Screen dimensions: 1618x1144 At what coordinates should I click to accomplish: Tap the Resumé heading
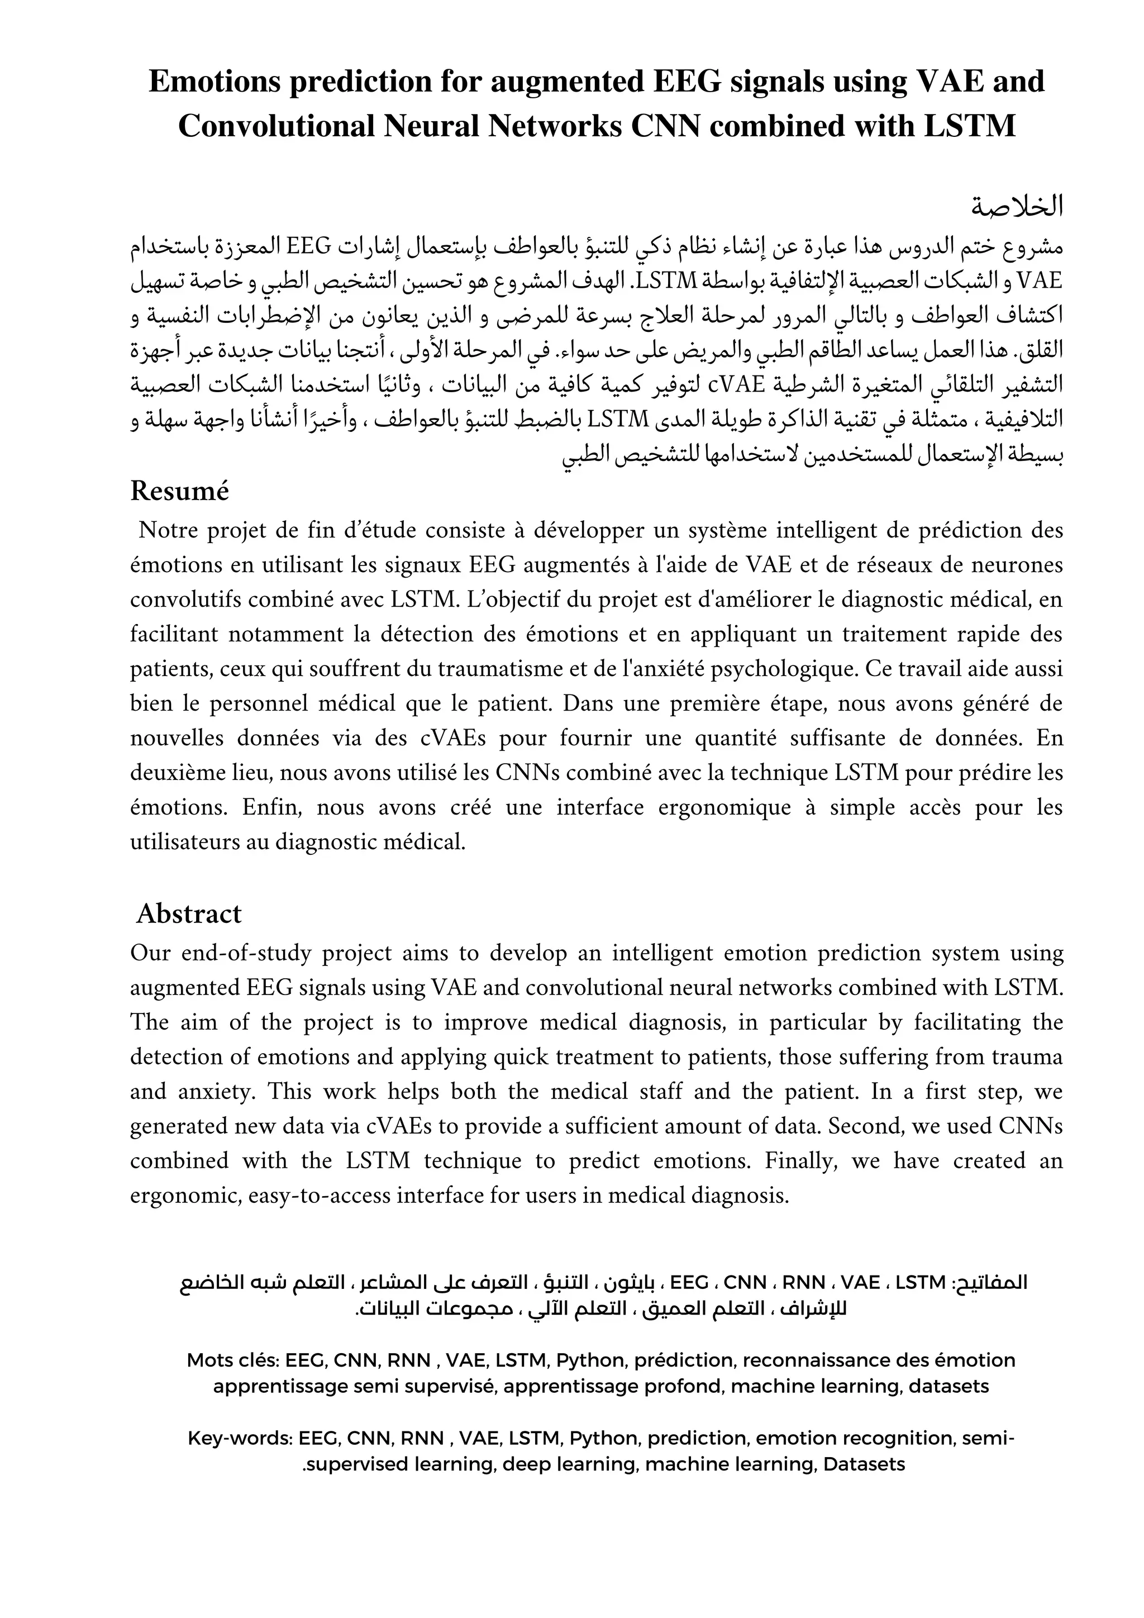point(180,491)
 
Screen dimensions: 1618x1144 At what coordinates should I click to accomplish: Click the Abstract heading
point(189,913)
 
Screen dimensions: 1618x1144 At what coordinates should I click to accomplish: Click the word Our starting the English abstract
point(149,953)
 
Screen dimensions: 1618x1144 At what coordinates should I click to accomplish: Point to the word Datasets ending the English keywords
point(864,1465)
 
